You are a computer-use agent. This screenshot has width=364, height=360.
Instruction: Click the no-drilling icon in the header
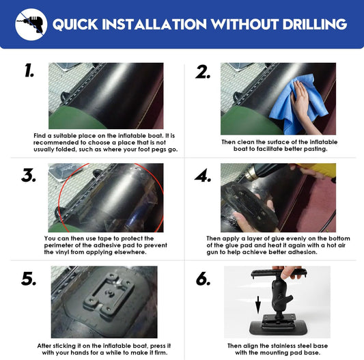pyautogui.click(x=31, y=25)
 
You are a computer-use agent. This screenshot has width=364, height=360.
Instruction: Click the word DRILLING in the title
pyautogui.click(x=315, y=24)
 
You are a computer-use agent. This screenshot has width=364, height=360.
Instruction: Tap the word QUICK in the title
pyautogui.click(x=75, y=25)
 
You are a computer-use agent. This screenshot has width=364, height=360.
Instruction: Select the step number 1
pyautogui.click(x=29, y=70)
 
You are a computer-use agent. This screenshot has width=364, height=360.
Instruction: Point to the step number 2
pyautogui.click(x=203, y=72)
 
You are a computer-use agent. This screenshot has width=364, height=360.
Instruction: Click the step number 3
pyautogui.click(x=29, y=175)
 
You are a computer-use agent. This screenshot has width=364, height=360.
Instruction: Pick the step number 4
pyautogui.click(x=203, y=176)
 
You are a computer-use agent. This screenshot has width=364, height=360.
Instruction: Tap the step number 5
pyautogui.click(x=29, y=279)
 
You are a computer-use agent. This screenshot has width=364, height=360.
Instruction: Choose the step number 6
pyautogui.click(x=203, y=279)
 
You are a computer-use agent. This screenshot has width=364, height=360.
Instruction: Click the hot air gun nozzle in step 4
pyautogui.click(x=251, y=173)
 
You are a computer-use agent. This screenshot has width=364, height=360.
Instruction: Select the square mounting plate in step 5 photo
pyautogui.click(x=109, y=294)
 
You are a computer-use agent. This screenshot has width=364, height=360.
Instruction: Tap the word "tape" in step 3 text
pyautogui.click(x=104, y=239)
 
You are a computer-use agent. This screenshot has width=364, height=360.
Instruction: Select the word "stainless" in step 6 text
pyautogui.click(x=286, y=346)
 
